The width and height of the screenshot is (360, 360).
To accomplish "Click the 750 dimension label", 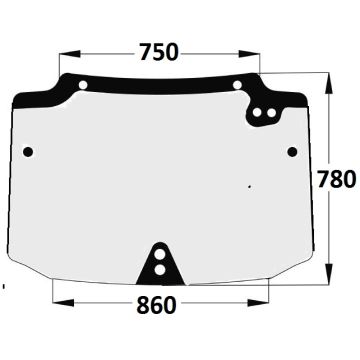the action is tap(159, 52).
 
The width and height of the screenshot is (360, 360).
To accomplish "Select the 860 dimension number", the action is tap(156, 305).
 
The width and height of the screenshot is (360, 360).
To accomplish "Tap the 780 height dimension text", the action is tap(337, 179).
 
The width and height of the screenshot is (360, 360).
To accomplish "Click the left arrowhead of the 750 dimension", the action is tap(70, 54).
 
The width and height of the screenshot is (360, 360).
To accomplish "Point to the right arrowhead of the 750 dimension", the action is tap(249, 54).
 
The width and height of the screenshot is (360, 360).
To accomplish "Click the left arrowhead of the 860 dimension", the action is tap(63, 303).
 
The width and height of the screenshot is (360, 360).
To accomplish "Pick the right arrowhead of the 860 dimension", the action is tap(258, 303).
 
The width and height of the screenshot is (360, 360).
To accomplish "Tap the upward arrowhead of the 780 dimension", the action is tap(329, 83).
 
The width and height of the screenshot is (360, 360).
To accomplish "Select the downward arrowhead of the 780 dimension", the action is tap(329, 274).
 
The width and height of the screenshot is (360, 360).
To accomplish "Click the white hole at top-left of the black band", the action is tap(83, 85).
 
